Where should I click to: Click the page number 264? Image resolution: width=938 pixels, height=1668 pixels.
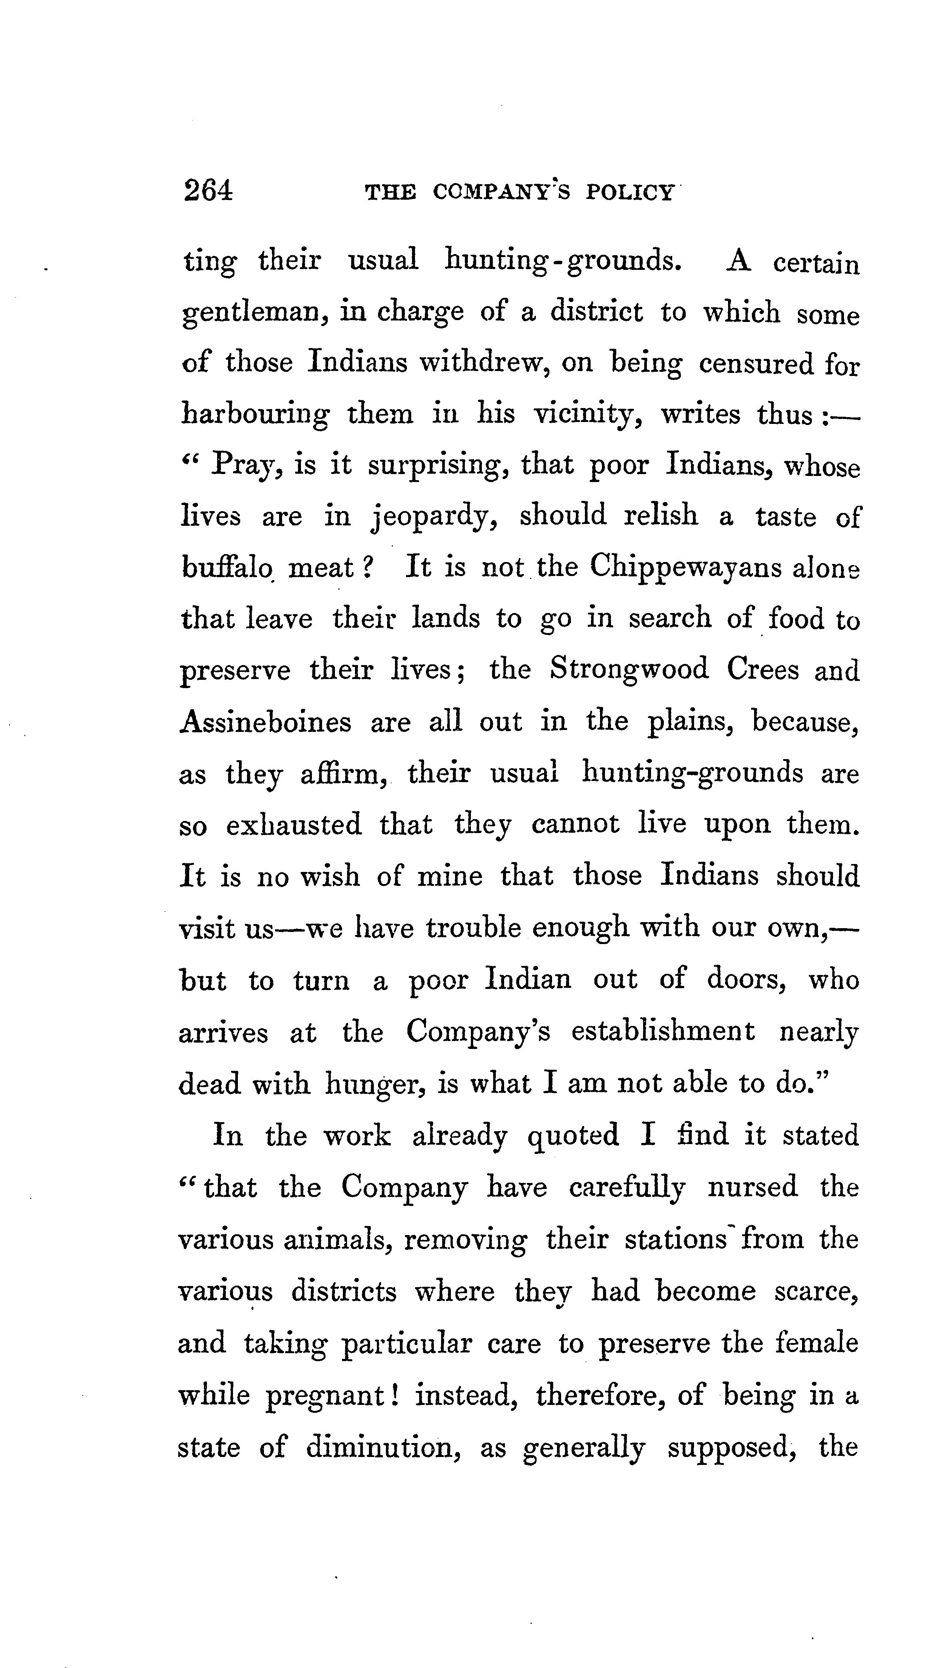coord(208,192)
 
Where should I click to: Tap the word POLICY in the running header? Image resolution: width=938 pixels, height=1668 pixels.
coord(629,193)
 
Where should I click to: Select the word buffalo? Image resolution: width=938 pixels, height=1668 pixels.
coord(226,567)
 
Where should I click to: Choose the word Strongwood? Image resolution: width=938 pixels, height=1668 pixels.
coord(629,670)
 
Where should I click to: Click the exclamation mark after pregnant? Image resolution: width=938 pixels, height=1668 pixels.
coord(395,1394)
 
